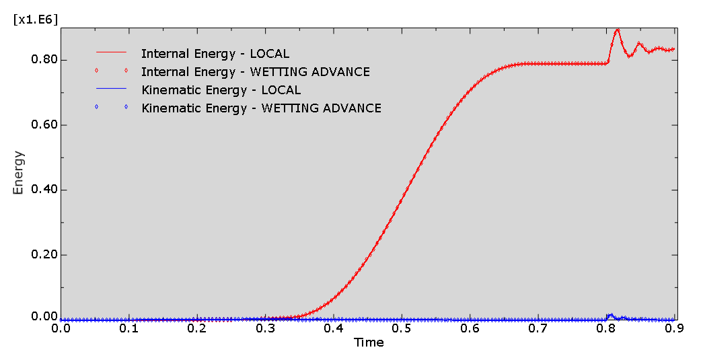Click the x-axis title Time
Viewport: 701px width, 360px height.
[369, 343]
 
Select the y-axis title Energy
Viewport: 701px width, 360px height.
[18, 173]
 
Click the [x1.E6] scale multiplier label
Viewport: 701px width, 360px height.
[36, 20]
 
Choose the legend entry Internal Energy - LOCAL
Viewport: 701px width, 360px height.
[215, 53]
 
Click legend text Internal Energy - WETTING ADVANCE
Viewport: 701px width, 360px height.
[256, 71]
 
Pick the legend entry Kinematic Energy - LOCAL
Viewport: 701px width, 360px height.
[221, 89]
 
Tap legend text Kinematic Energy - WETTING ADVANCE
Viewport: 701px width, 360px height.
[262, 108]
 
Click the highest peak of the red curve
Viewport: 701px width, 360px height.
[617, 30]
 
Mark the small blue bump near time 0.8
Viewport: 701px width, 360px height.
[610, 315]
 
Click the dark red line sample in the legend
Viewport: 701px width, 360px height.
[111, 52]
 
